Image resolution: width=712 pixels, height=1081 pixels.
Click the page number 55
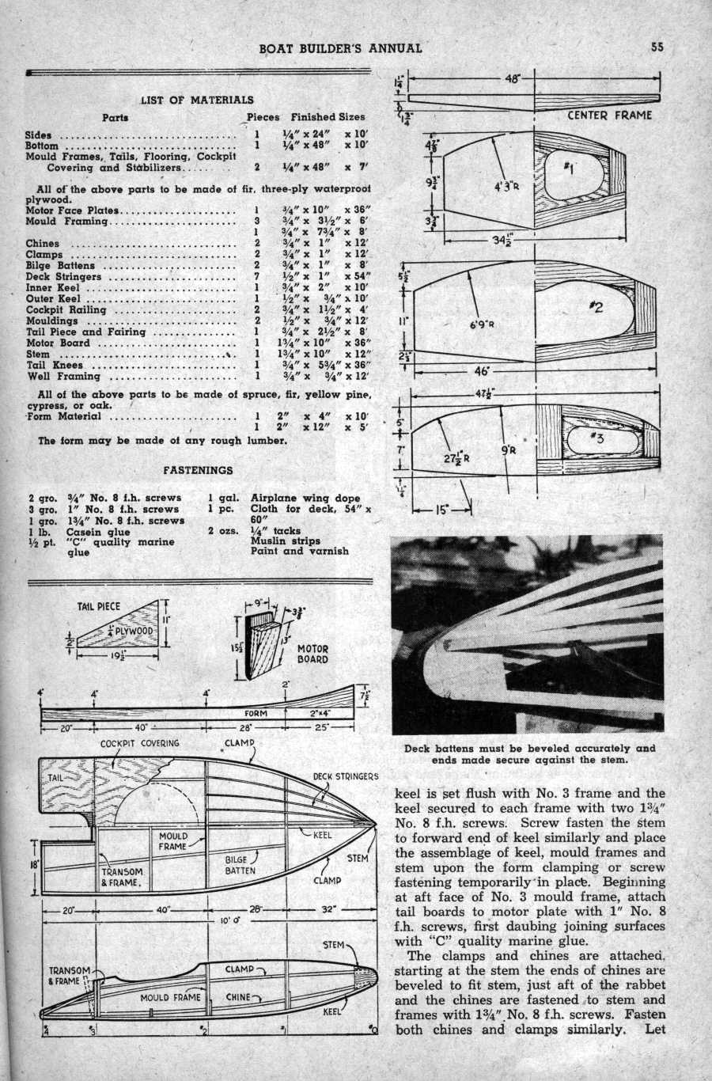coord(657,46)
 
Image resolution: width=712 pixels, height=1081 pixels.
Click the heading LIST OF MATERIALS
coord(197,100)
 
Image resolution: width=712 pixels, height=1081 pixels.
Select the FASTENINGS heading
coord(198,469)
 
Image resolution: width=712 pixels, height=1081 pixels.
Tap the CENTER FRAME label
coord(610,116)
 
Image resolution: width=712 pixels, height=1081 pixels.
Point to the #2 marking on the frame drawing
coord(595,307)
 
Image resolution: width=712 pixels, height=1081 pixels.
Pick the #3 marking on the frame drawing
coord(595,441)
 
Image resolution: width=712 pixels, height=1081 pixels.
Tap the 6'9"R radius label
coord(482,324)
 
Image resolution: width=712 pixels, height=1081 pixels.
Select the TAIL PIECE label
coord(99,607)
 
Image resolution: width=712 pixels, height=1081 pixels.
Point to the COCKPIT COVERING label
coord(140,744)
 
